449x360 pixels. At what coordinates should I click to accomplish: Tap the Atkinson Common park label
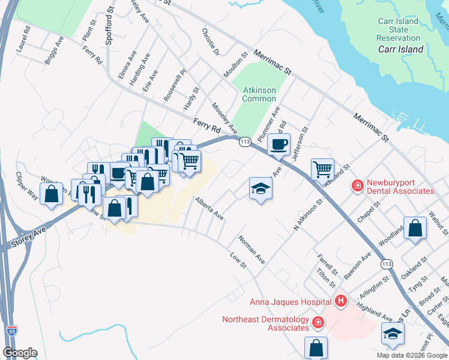[x=259, y=94]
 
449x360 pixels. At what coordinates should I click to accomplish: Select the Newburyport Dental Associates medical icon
[x=357, y=185]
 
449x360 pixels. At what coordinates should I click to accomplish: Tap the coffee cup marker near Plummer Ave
[x=279, y=144]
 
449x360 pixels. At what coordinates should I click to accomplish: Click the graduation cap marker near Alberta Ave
[x=261, y=188]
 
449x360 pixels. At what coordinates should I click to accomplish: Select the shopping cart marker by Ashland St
[x=322, y=169]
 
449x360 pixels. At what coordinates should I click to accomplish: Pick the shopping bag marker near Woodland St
[x=415, y=228]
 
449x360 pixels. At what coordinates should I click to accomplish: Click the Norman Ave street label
[x=252, y=250]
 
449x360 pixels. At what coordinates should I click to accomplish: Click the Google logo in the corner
[x=20, y=353]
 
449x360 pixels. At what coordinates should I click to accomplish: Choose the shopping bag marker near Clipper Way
[x=52, y=193]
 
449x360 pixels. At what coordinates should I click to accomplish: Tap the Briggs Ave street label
[x=54, y=50]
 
